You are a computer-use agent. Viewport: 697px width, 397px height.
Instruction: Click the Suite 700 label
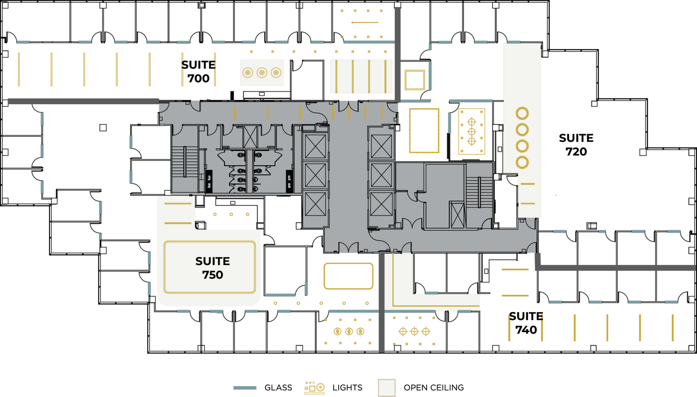pos(198,72)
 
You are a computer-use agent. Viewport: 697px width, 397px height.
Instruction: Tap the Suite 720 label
pos(576,145)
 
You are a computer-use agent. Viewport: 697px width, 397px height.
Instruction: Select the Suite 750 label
pos(212,268)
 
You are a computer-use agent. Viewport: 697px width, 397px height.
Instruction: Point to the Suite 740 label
pos(526,323)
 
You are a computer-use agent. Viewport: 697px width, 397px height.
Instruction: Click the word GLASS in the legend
pos(278,388)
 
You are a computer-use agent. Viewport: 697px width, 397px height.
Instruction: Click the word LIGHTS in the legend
pos(347,388)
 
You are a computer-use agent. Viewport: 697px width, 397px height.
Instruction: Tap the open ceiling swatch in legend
pos(386,388)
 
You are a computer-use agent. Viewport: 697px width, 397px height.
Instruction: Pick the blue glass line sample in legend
pos(245,388)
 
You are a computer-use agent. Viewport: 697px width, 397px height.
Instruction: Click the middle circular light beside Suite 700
pos(262,72)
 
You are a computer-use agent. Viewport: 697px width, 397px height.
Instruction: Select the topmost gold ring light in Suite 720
pos(522,113)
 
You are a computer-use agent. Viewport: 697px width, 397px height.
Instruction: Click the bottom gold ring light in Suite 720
pos(522,162)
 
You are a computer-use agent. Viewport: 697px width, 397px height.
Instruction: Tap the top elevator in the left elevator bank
pos(315,147)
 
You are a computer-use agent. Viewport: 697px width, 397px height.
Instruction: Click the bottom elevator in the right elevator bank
pos(381,204)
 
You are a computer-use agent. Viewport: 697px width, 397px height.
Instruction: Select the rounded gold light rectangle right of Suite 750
pos(348,276)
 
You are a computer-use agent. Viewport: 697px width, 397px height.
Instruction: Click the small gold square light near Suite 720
pos(415,80)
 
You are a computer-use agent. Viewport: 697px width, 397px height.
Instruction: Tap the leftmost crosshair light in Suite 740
pos(403,332)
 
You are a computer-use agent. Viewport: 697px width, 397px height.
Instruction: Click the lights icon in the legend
pos(314,388)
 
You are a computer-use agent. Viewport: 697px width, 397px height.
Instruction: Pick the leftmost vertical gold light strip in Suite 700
pos(19,70)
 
